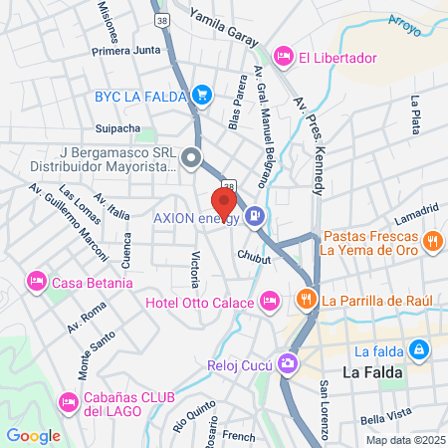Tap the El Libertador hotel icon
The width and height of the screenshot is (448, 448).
click(284, 57)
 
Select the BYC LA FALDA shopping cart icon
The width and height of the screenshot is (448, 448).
click(202, 96)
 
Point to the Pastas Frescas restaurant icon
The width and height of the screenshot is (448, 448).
click(432, 240)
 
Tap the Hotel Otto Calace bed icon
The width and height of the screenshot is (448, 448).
click(269, 301)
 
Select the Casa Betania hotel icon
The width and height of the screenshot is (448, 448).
click(36, 283)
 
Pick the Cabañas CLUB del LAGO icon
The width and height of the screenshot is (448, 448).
click(68, 401)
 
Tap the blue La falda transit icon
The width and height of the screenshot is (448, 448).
click(420, 350)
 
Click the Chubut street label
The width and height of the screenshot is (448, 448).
click(254, 256)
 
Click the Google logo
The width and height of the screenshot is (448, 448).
click(33, 435)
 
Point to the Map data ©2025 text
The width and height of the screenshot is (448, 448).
click(403, 440)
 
